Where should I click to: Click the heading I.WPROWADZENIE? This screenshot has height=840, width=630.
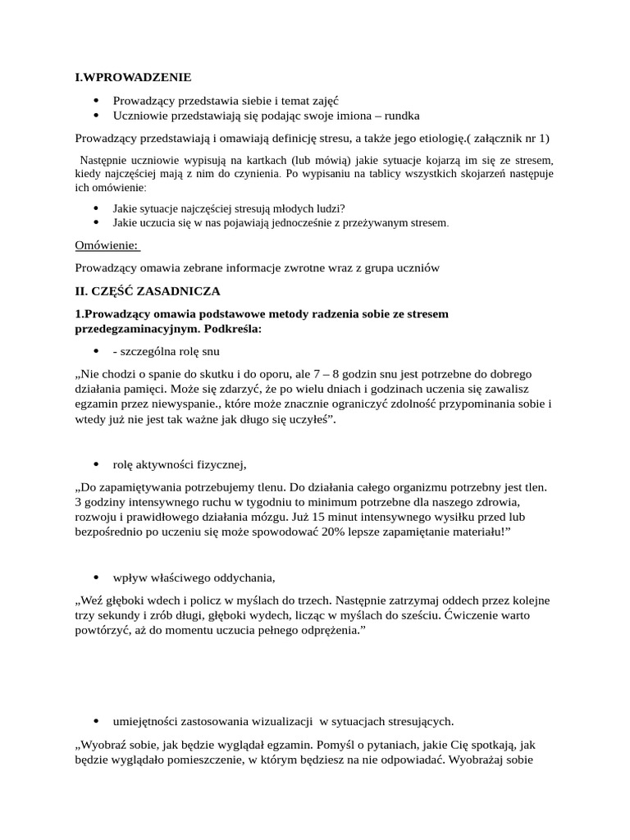133,77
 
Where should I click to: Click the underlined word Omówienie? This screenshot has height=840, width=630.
107,245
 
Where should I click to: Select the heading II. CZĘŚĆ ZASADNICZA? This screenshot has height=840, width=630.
148,290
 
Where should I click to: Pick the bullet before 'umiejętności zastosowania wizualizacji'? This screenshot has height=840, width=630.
97,722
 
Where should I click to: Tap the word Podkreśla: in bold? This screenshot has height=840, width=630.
234,328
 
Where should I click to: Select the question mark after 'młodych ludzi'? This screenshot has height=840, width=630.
343,208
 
